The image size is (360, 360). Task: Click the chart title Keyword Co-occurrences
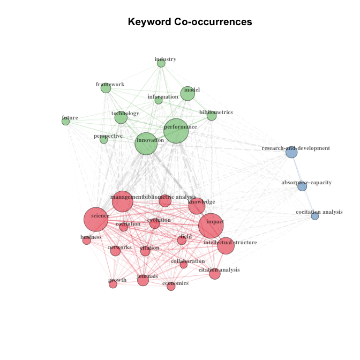[190, 22]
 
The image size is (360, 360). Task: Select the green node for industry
[161, 63]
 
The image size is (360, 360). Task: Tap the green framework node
[106, 88]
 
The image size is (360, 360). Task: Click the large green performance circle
[176, 131]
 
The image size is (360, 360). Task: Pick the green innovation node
[146, 144]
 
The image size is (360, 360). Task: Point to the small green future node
[66, 121]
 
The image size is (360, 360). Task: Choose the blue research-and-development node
[291, 152]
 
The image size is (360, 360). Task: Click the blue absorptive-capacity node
[302, 186]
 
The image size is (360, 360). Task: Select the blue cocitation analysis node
[315, 216]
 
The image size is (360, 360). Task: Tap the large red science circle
[96, 219]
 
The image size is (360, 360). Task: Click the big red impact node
[211, 226]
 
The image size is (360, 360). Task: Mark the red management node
[123, 201]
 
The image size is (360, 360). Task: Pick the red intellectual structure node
[226, 246]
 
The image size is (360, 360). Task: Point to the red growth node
[113, 284]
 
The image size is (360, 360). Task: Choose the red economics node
[171, 286]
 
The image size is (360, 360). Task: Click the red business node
[87, 241]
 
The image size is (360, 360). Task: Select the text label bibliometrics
[216, 112]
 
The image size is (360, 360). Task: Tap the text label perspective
[108, 136]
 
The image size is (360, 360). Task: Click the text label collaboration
[188, 261]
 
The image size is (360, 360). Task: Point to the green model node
[188, 93]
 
